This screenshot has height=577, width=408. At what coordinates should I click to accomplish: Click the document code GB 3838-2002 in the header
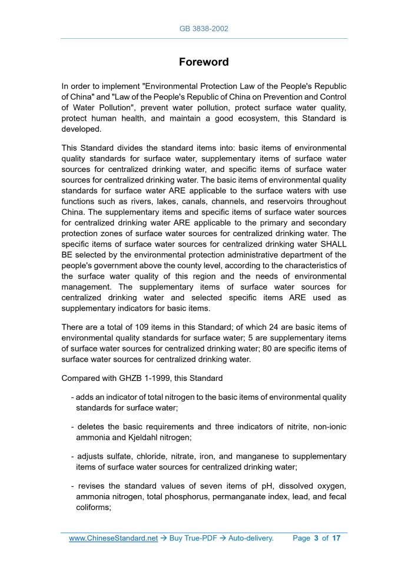click(x=204, y=28)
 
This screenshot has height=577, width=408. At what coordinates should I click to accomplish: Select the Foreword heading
click(x=204, y=62)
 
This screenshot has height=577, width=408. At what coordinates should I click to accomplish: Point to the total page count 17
click(x=336, y=538)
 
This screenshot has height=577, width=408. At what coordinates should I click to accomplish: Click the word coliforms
click(x=94, y=507)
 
